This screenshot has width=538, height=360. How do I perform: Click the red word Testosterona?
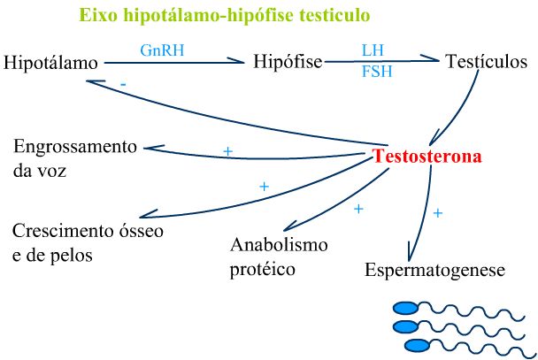click(x=427, y=157)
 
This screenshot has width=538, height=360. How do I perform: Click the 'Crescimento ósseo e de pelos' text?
click(x=87, y=242)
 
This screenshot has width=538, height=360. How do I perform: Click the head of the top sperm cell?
click(x=404, y=308)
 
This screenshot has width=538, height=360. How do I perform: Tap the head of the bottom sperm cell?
click(x=415, y=344)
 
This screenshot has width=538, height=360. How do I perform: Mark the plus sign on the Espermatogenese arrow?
click(x=437, y=213)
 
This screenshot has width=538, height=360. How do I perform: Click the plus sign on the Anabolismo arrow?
click(x=358, y=209)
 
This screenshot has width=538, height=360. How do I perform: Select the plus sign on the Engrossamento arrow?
click(x=227, y=151)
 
